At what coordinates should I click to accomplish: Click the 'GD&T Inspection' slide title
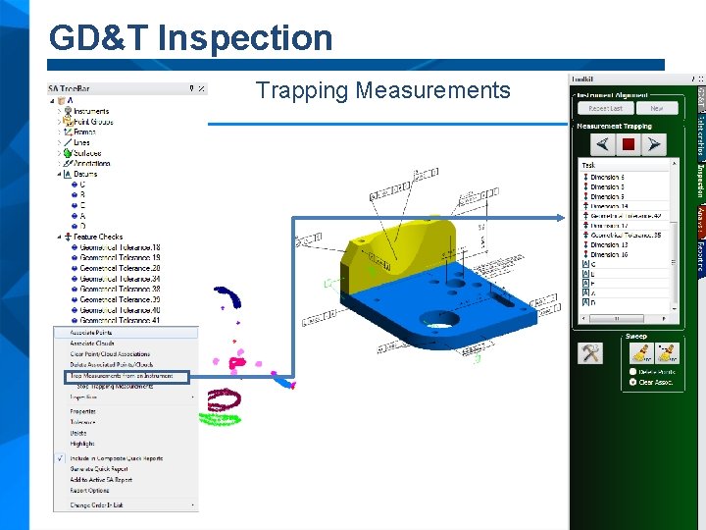(191, 38)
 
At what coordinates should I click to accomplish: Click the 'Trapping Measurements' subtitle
(382, 91)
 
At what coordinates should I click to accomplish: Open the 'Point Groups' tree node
(92, 122)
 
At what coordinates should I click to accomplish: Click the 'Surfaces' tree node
(88, 153)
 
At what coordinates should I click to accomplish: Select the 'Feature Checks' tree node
(98, 237)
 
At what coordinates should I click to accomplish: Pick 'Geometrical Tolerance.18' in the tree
(120, 247)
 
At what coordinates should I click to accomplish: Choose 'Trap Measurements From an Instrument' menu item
(122, 375)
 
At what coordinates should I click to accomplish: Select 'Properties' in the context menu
(83, 411)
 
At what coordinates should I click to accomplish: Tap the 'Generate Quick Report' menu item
(99, 468)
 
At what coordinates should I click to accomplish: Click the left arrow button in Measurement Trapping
(603, 144)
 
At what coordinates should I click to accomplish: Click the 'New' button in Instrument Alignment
(656, 109)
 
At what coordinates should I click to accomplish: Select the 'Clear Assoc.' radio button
(632, 382)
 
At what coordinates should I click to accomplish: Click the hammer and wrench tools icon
(590, 353)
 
